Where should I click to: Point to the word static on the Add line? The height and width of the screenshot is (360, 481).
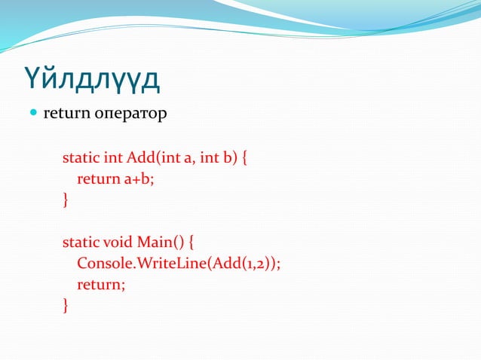(x=78, y=158)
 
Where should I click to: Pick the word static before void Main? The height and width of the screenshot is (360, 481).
(x=78, y=243)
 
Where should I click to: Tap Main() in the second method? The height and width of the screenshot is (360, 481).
(x=158, y=243)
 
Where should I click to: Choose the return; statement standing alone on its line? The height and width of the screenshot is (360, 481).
(x=101, y=285)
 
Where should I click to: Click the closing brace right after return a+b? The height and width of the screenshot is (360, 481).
(x=66, y=200)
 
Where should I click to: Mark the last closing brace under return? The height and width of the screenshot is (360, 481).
(x=66, y=306)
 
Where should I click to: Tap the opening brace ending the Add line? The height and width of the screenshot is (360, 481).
(x=245, y=159)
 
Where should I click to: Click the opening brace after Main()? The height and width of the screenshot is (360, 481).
(x=191, y=243)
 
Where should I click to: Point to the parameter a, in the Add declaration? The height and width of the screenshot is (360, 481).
(x=189, y=158)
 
